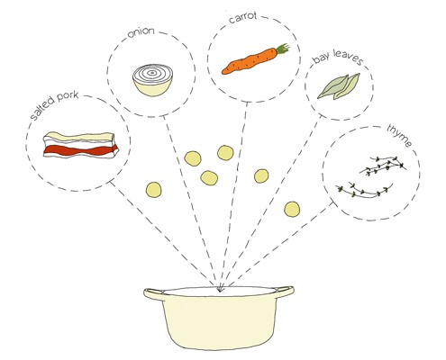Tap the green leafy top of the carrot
[283, 49]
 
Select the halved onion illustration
[152, 80]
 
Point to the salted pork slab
[80, 145]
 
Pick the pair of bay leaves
[339, 86]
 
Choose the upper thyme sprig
[383, 166]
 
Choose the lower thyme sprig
[364, 190]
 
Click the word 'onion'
[141, 32]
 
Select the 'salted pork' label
[54, 104]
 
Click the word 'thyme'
[399, 136]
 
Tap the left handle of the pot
[153, 293]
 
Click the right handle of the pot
[284, 292]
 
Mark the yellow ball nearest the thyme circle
[292, 209]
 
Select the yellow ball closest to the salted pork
[153, 190]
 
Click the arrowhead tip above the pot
[220, 291]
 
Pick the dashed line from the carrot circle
[234, 195]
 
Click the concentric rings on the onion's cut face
[152, 73]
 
